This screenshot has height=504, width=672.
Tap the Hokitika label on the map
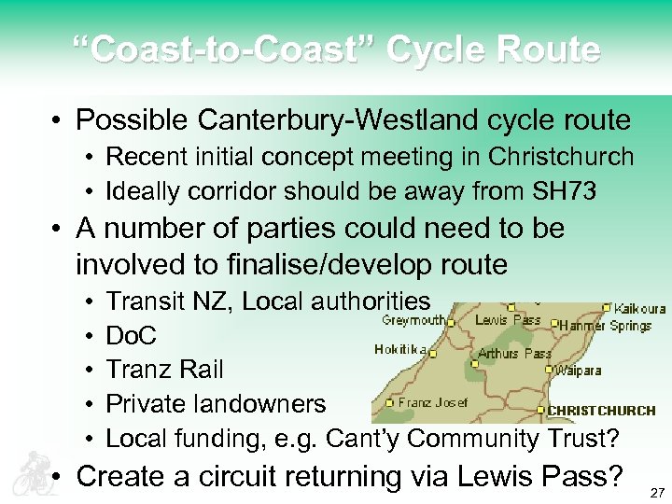pyautogui.click(x=400, y=350)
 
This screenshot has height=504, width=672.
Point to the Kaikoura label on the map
pyautogui.click(x=639, y=309)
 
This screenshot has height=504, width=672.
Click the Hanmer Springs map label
pyautogui.click(x=605, y=326)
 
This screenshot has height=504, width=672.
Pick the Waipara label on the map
pyautogui.click(x=579, y=371)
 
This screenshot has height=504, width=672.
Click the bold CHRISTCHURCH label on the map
pyautogui.click(x=601, y=411)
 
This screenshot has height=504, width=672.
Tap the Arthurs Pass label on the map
pyautogui.click(x=514, y=354)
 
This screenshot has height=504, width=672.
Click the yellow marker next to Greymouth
pyautogui.click(x=450, y=321)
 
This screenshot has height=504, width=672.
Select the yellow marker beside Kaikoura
pyautogui.click(x=608, y=306)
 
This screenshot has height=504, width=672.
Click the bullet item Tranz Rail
pyautogui.click(x=164, y=370)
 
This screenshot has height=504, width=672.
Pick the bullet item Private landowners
pyautogui.click(x=216, y=403)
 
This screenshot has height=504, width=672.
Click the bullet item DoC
pyautogui.click(x=132, y=335)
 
